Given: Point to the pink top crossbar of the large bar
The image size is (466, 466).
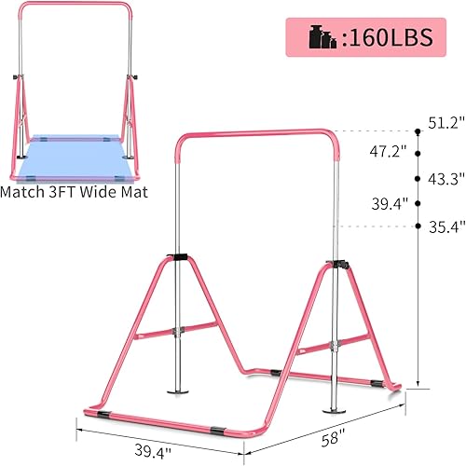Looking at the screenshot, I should click(242, 132).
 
